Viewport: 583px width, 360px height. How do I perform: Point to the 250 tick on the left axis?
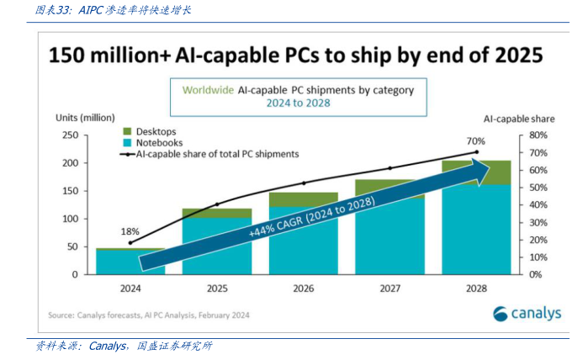(x=70, y=135)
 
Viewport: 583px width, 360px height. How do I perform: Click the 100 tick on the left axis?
(x=70, y=219)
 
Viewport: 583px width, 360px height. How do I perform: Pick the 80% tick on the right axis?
(x=538, y=135)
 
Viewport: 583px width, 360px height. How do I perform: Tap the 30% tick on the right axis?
(x=538, y=222)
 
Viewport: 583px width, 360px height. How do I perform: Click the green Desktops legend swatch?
(x=128, y=131)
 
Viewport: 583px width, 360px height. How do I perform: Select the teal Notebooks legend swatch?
(x=128, y=143)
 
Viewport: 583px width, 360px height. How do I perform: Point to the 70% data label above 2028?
(x=476, y=140)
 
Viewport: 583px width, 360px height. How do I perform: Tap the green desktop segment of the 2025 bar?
(x=217, y=213)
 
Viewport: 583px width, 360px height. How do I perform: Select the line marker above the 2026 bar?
(x=304, y=183)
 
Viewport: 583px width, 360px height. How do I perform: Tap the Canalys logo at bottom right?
(x=527, y=314)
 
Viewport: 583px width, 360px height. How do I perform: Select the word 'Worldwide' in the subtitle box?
(x=209, y=87)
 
